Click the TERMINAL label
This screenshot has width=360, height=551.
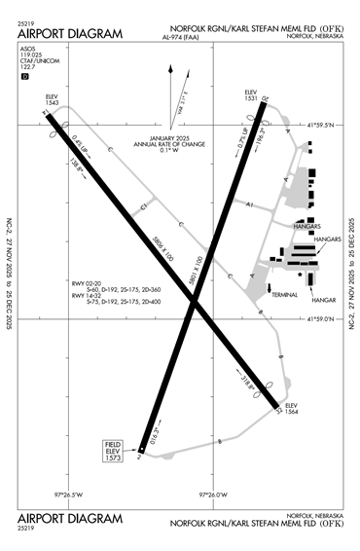284,294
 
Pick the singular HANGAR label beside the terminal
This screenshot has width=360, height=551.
323,300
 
